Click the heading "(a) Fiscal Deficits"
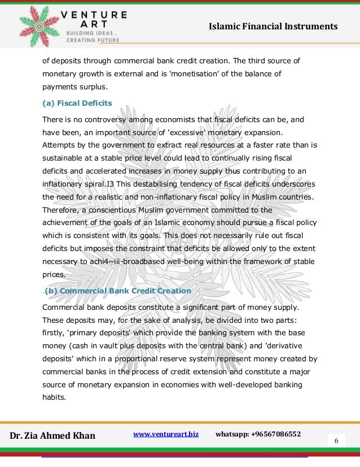[77, 103]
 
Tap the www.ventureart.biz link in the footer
[165, 434]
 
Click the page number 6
[336, 440]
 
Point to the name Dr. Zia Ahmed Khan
[53, 435]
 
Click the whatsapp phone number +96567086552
[258, 434]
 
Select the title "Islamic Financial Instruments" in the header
[273, 27]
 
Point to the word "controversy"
[107, 120]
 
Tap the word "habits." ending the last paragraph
[54, 396]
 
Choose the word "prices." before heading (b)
[54, 275]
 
